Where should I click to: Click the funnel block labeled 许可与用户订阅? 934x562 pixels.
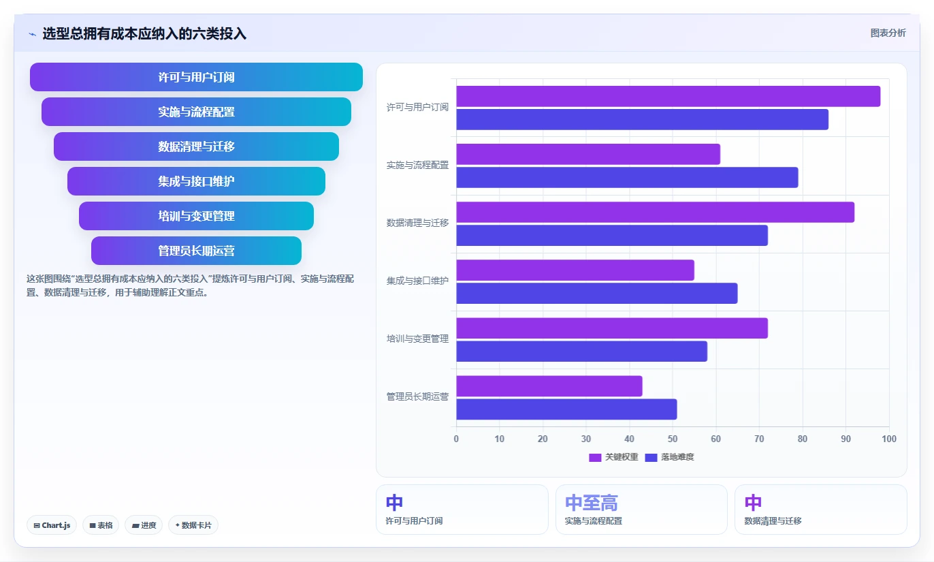[x=196, y=77]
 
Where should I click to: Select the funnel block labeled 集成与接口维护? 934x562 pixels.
[x=196, y=181]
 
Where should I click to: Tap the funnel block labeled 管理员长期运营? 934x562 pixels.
[x=196, y=251]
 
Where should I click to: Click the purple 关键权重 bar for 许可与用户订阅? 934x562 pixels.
[x=668, y=96]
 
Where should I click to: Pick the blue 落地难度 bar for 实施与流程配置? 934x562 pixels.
[x=627, y=177]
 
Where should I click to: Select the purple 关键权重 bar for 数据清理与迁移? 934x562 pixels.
[x=655, y=212]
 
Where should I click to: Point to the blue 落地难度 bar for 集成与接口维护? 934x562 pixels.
[x=596, y=294]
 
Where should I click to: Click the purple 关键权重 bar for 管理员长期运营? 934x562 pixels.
[x=549, y=386]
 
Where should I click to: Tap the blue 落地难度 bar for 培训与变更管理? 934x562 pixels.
[x=581, y=352]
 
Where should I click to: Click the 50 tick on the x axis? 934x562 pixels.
[x=672, y=439]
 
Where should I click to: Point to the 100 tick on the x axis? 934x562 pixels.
[x=888, y=439]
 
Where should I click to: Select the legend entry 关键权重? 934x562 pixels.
[x=613, y=457]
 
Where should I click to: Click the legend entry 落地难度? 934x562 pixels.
[x=669, y=457]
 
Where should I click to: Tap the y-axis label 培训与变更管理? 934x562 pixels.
[x=417, y=339]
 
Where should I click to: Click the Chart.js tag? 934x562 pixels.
[x=52, y=525]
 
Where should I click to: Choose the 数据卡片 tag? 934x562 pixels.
[x=193, y=525]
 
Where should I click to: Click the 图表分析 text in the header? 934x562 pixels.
[x=888, y=33]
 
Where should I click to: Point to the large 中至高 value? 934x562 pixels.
[x=592, y=503]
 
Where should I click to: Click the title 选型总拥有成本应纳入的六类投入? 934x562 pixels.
[x=144, y=34]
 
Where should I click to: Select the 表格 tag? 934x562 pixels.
[x=101, y=525]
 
